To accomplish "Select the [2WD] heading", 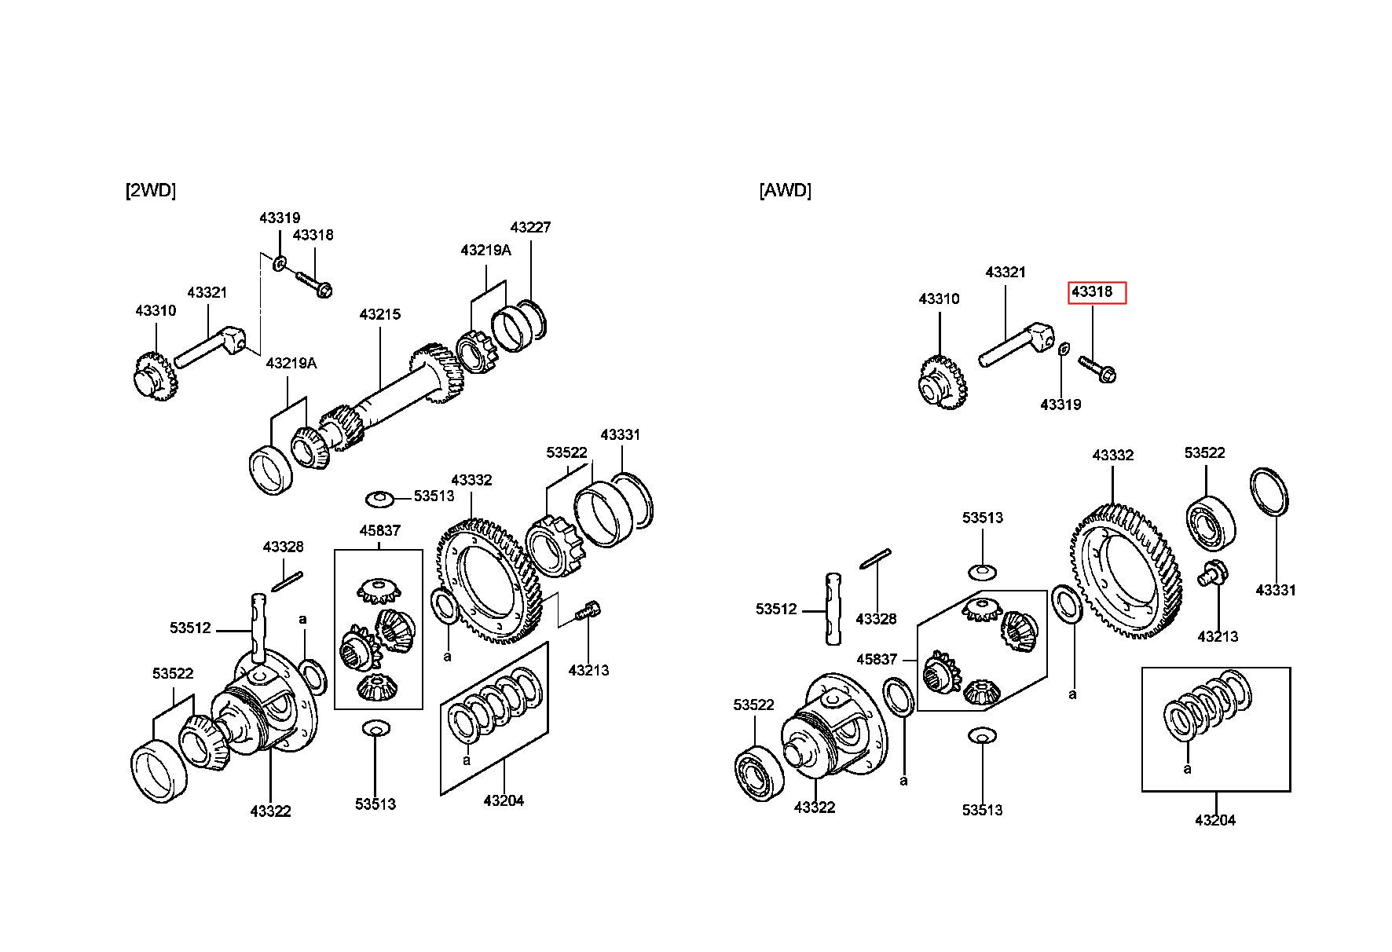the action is (151, 190).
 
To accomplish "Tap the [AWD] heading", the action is (785, 190).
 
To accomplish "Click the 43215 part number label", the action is (380, 314).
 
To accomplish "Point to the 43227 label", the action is (530, 227).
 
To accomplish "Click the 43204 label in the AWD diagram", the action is (1215, 820).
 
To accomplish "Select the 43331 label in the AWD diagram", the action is (1276, 590).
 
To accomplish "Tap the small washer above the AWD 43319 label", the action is (1062, 348).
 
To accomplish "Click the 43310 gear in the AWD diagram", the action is (942, 382).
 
